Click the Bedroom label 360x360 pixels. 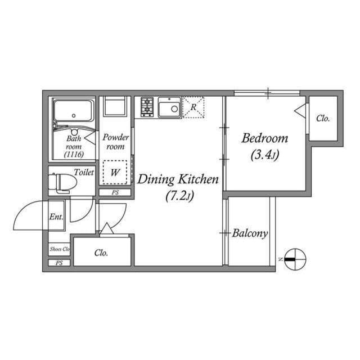[264, 138]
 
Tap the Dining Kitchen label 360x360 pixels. [178, 180]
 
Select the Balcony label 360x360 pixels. [250, 233]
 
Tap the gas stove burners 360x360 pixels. [147, 107]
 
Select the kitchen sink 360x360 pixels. [169, 107]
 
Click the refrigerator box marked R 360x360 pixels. [193, 107]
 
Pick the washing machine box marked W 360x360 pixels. [115, 173]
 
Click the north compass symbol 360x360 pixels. [294, 259]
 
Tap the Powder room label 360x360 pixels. [115, 142]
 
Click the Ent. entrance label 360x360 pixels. [55, 217]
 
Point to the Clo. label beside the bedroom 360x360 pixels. [322, 119]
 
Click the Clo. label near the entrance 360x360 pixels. [101, 253]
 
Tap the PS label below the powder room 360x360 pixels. [115, 192]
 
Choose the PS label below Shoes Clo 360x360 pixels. [59, 263]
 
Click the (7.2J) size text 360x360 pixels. [179, 196]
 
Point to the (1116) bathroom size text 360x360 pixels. [74, 154]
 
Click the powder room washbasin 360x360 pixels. [115, 107]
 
